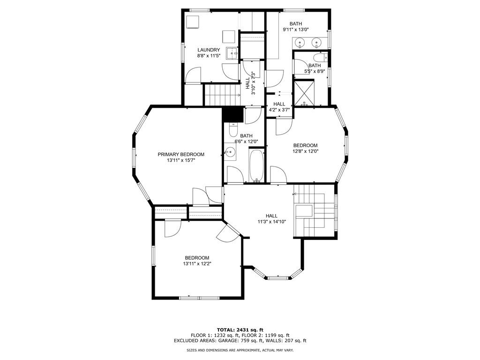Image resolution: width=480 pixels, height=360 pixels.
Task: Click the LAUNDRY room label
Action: [x=209, y=50]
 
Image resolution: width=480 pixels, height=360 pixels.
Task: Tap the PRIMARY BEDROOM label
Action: [x=181, y=154]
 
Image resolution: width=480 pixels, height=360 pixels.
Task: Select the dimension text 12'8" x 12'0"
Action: [x=306, y=151]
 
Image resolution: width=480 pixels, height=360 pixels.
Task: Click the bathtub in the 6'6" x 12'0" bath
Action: [x=256, y=165]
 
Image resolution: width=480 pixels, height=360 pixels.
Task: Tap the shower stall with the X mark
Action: [x=304, y=92]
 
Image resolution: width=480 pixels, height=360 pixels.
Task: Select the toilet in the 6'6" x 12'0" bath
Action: [x=233, y=130]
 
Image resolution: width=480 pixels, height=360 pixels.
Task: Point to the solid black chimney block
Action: [x=232, y=114]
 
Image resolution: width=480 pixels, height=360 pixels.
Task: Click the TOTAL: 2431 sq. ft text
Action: [x=240, y=330]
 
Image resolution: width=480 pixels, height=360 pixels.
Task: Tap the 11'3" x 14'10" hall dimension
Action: [x=271, y=222]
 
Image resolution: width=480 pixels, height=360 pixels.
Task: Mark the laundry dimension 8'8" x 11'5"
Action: [x=209, y=56]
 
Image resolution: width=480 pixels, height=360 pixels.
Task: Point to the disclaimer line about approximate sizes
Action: [x=240, y=350]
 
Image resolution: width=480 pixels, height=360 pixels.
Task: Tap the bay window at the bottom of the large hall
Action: [x=278, y=277]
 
